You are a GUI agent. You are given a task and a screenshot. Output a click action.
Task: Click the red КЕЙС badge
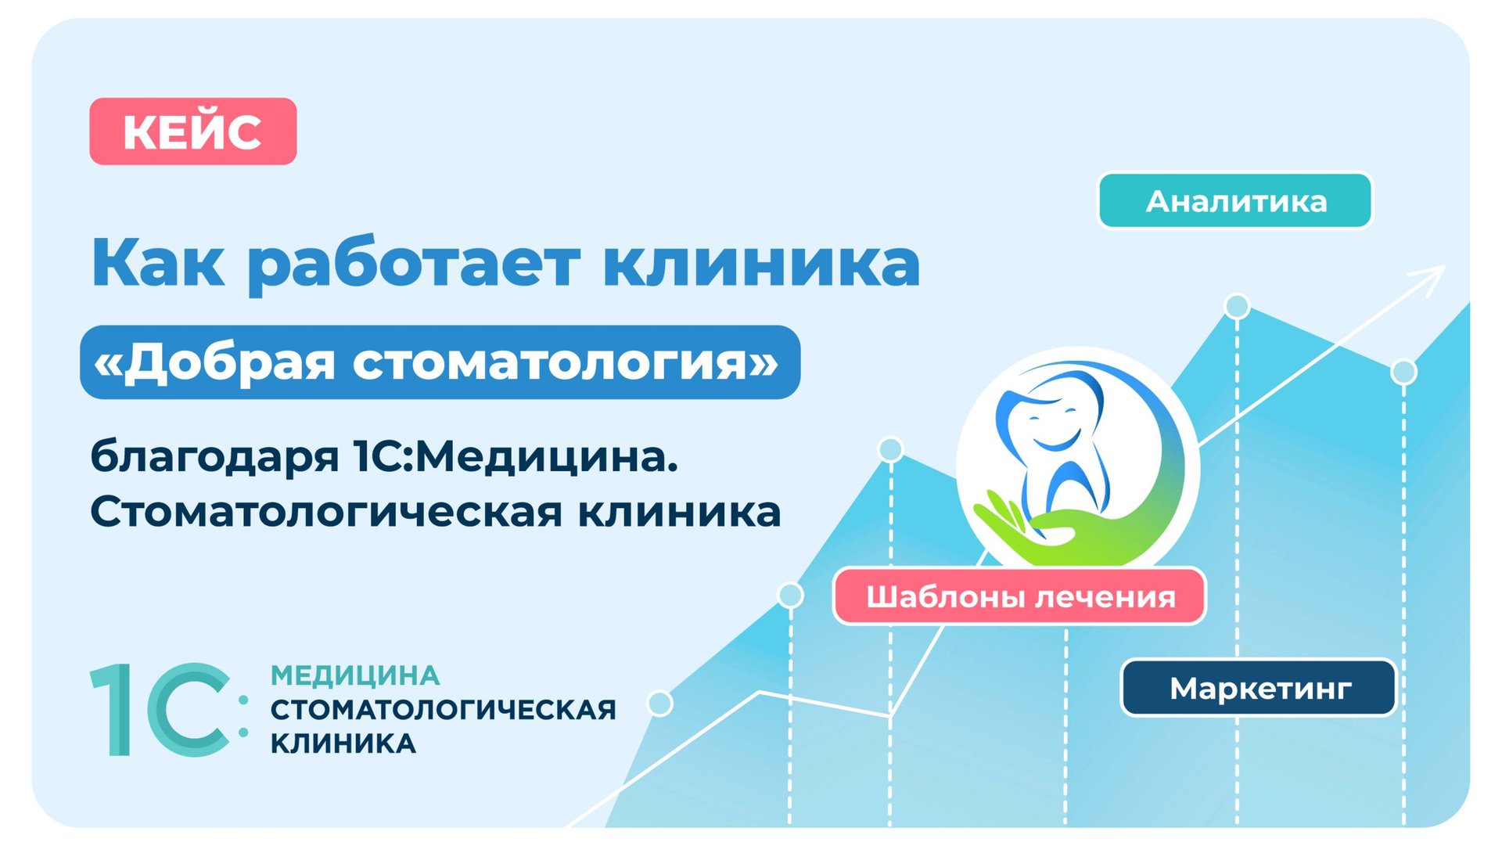coord(193,131)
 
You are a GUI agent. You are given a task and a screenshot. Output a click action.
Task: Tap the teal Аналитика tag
coord(1235,201)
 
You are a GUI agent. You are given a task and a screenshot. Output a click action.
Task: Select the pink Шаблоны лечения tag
coord(1019,597)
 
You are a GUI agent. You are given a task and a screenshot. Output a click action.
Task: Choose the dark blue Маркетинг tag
coord(1259,689)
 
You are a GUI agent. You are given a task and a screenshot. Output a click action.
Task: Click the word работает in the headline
coord(413,265)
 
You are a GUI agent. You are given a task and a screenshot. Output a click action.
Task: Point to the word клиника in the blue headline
coord(761,263)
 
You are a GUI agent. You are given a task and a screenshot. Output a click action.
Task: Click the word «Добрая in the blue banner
coord(214,362)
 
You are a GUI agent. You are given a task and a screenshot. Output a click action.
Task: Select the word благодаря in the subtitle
coord(214,457)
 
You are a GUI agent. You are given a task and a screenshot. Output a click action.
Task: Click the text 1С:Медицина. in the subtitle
coord(516,457)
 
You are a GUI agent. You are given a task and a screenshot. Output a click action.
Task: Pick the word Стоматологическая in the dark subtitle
coord(326,513)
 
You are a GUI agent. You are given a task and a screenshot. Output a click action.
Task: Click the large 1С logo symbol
coord(169,710)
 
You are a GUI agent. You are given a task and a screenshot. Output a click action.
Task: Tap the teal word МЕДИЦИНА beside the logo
coord(355,675)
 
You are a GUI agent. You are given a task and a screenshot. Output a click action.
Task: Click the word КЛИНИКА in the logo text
coord(343,743)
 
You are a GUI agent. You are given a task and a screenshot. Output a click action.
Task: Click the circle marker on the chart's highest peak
coord(1237,306)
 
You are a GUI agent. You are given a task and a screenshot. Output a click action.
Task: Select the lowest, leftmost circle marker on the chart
coord(660,704)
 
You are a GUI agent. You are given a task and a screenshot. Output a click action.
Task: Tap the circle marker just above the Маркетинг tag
coord(1404,372)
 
